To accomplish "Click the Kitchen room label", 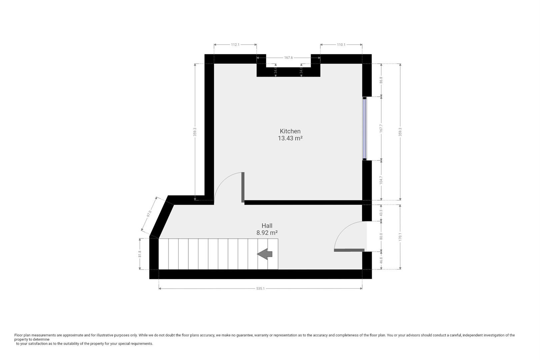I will (x=290, y=131).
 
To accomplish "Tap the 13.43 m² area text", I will (x=290, y=138).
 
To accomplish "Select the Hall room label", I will (x=267, y=226).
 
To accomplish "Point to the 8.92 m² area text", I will (x=267, y=233).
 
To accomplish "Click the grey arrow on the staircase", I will (x=265, y=254).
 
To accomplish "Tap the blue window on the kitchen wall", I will (x=365, y=129).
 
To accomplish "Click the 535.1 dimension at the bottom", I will (x=260, y=289).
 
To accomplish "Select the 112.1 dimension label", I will (x=235, y=45).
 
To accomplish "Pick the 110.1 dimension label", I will (x=341, y=45).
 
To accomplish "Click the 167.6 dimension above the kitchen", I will (x=288, y=58).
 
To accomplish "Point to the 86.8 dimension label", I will (x=381, y=80).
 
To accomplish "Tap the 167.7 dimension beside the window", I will (x=381, y=129).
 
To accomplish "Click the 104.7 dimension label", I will (x=381, y=180).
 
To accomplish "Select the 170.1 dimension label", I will (x=400, y=237).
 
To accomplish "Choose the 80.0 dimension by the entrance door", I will (x=381, y=236).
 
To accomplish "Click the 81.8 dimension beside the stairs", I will (x=140, y=254).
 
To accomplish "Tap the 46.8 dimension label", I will (x=381, y=260).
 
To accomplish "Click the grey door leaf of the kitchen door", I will (x=243, y=187).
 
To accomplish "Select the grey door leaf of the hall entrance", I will (x=349, y=250).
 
